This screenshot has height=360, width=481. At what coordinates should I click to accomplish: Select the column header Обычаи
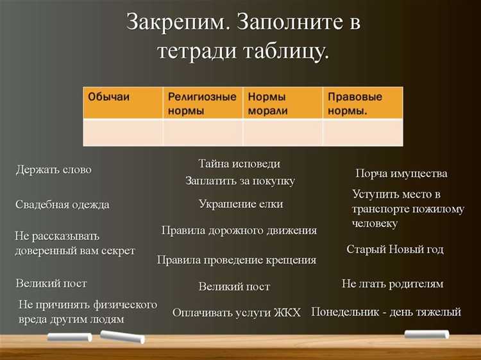[x=108, y=97]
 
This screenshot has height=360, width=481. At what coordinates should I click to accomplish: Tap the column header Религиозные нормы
[x=202, y=103]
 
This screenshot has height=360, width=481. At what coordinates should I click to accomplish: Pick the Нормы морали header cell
[x=282, y=103]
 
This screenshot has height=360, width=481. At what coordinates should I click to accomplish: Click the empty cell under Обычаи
[x=122, y=133]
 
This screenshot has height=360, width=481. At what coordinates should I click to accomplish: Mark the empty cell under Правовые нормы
[x=362, y=133]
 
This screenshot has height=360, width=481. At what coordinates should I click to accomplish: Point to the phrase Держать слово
[x=53, y=170]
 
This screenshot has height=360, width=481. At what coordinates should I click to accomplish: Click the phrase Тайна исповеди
[x=239, y=164]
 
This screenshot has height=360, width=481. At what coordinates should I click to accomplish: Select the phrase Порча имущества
[x=401, y=174]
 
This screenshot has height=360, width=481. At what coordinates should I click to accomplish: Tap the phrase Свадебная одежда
[x=62, y=205]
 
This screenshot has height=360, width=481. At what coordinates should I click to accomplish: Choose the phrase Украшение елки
[x=240, y=204]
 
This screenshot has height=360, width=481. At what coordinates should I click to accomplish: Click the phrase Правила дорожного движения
[x=239, y=230]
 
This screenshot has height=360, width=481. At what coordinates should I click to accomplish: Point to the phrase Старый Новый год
[x=394, y=249]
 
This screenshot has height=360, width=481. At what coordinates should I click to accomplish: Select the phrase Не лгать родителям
[x=392, y=284]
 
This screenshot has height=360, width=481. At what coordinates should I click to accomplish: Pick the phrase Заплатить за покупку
[x=240, y=181]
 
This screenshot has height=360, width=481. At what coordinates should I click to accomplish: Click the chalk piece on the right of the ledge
[x=426, y=334]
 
